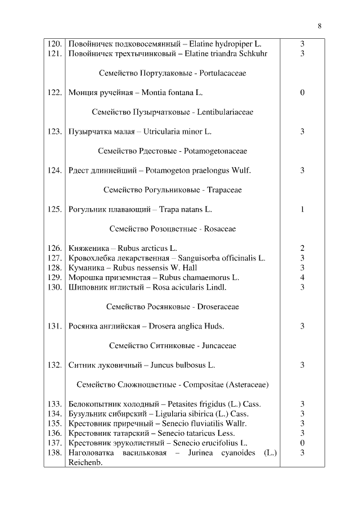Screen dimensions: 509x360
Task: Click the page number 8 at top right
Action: point(319,26)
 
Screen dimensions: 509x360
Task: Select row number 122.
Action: point(55,92)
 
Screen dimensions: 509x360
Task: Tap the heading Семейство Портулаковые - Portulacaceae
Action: point(172,73)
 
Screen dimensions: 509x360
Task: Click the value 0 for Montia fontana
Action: point(302,92)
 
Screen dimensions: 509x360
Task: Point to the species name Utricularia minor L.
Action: point(177,132)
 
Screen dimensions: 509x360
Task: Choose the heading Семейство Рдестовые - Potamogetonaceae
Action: point(172,151)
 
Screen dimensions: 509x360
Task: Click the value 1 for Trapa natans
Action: point(302,209)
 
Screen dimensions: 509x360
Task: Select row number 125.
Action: point(55,209)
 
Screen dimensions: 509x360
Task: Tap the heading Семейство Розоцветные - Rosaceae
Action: point(172,229)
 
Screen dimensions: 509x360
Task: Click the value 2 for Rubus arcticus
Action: point(302,248)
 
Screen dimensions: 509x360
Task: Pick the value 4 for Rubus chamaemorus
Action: point(302,277)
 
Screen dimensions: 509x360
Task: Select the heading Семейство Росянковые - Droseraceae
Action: point(172,307)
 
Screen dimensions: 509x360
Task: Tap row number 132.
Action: point(55,365)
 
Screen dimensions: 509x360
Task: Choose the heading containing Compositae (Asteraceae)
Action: point(172,385)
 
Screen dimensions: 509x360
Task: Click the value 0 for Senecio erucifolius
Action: point(302,443)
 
